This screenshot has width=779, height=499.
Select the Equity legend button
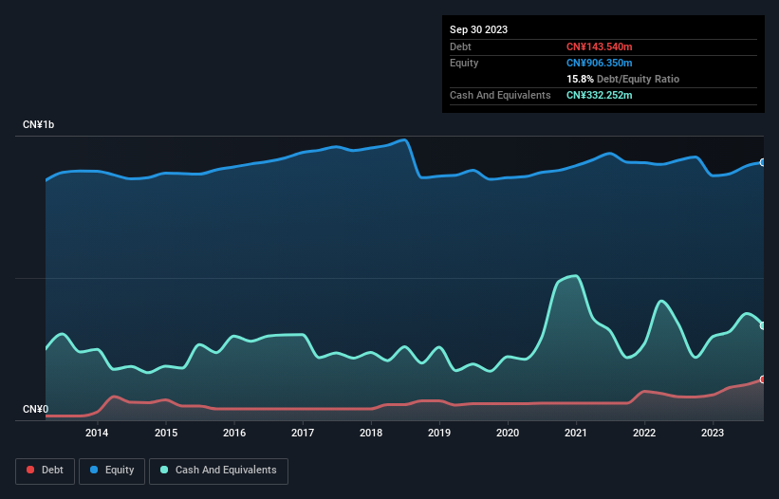tap(112, 471)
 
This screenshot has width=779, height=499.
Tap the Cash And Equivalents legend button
tap(218, 471)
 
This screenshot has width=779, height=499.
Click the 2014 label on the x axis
tap(97, 434)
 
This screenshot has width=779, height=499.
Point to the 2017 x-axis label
tap(303, 434)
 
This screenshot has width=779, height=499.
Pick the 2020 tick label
tap(508, 434)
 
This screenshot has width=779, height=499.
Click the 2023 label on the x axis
tap(713, 434)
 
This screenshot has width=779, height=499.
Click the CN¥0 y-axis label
tap(35, 410)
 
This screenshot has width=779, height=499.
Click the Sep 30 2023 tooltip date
tap(478, 29)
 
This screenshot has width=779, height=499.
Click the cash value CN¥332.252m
tap(604, 95)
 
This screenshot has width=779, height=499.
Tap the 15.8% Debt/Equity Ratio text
tap(622, 79)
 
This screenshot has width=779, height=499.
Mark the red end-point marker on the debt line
tap(763, 379)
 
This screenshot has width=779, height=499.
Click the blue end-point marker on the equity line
tap(763, 162)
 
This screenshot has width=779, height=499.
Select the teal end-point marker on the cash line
tap(763, 325)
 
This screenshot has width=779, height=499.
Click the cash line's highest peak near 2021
tap(573, 276)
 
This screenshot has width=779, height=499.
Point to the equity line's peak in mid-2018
tap(405, 140)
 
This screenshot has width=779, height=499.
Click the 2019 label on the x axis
tap(439, 434)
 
